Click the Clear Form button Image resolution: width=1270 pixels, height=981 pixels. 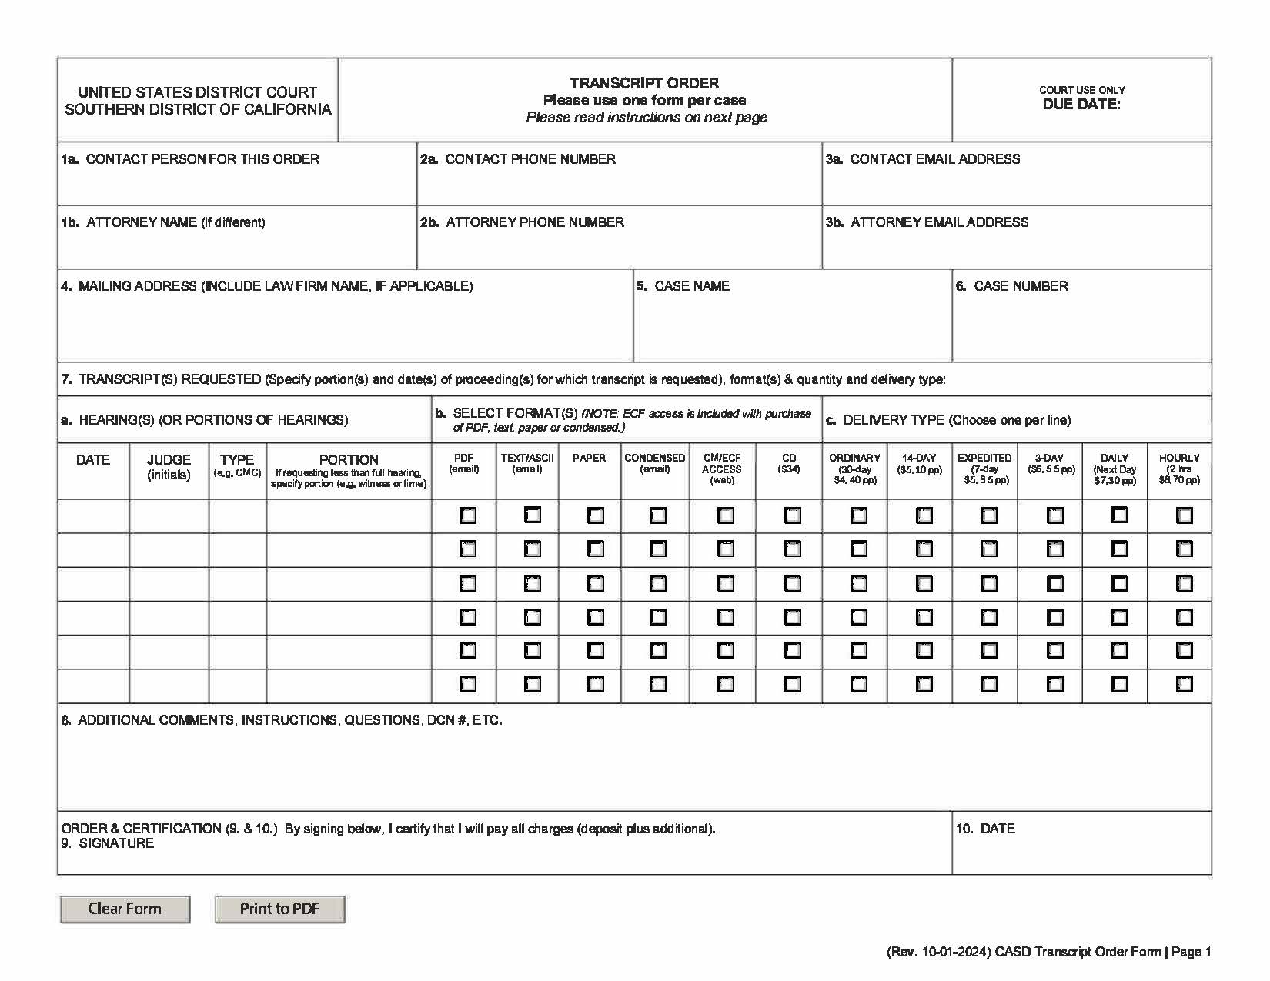[x=125, y=909]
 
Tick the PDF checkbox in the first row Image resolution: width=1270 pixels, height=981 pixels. [x=467, y=516]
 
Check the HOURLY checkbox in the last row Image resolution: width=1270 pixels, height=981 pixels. [x=1184, y=683]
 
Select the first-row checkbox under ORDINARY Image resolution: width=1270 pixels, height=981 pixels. [x=858, y=516]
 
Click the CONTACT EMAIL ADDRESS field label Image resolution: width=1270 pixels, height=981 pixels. [x=934, y=159]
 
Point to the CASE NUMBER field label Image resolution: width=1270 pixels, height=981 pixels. [x=1020, y=286]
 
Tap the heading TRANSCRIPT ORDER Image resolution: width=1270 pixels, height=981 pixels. [x=644, y=83]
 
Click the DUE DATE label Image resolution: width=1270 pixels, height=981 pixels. [x=1081, y=105]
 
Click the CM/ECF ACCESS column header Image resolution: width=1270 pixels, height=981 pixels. [x=722, y=469]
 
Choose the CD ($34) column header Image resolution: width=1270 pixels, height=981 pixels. [x=789, y=463]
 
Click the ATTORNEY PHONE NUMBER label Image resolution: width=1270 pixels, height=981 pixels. [x=534, y=222]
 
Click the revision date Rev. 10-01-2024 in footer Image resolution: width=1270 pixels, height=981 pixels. [x=937, y=953]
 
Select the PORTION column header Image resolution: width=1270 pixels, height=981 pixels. [x=349, y=460]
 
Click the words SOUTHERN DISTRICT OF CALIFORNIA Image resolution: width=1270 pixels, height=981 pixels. [x=198, y=109]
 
